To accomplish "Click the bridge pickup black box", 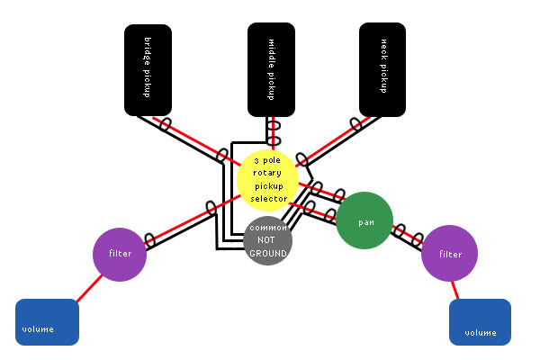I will (149, 67).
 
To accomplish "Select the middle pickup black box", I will (271, 69).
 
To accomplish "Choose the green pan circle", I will (365, 220).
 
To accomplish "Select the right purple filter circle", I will (449, 255).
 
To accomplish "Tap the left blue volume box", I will (47, 322).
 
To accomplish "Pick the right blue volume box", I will (481, 322).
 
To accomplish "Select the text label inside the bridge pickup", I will (149, 67).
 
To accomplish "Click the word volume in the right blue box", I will (480, 333).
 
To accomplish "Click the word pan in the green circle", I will (365, 221).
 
